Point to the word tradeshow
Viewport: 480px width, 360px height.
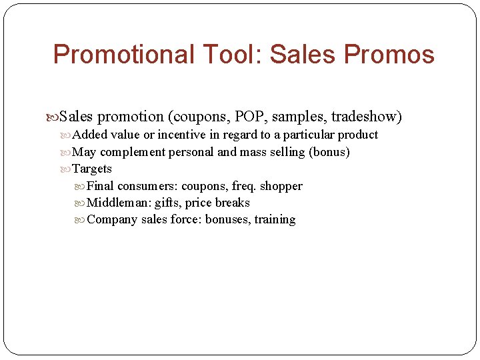point(366,117)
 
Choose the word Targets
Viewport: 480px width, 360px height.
point(92,169)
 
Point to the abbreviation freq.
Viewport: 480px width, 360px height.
point(244,186)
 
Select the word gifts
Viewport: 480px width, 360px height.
point(167,203)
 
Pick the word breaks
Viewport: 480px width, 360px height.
point(232,203)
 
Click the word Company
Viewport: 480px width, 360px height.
point(112,220)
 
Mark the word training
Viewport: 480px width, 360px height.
point(275,220)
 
